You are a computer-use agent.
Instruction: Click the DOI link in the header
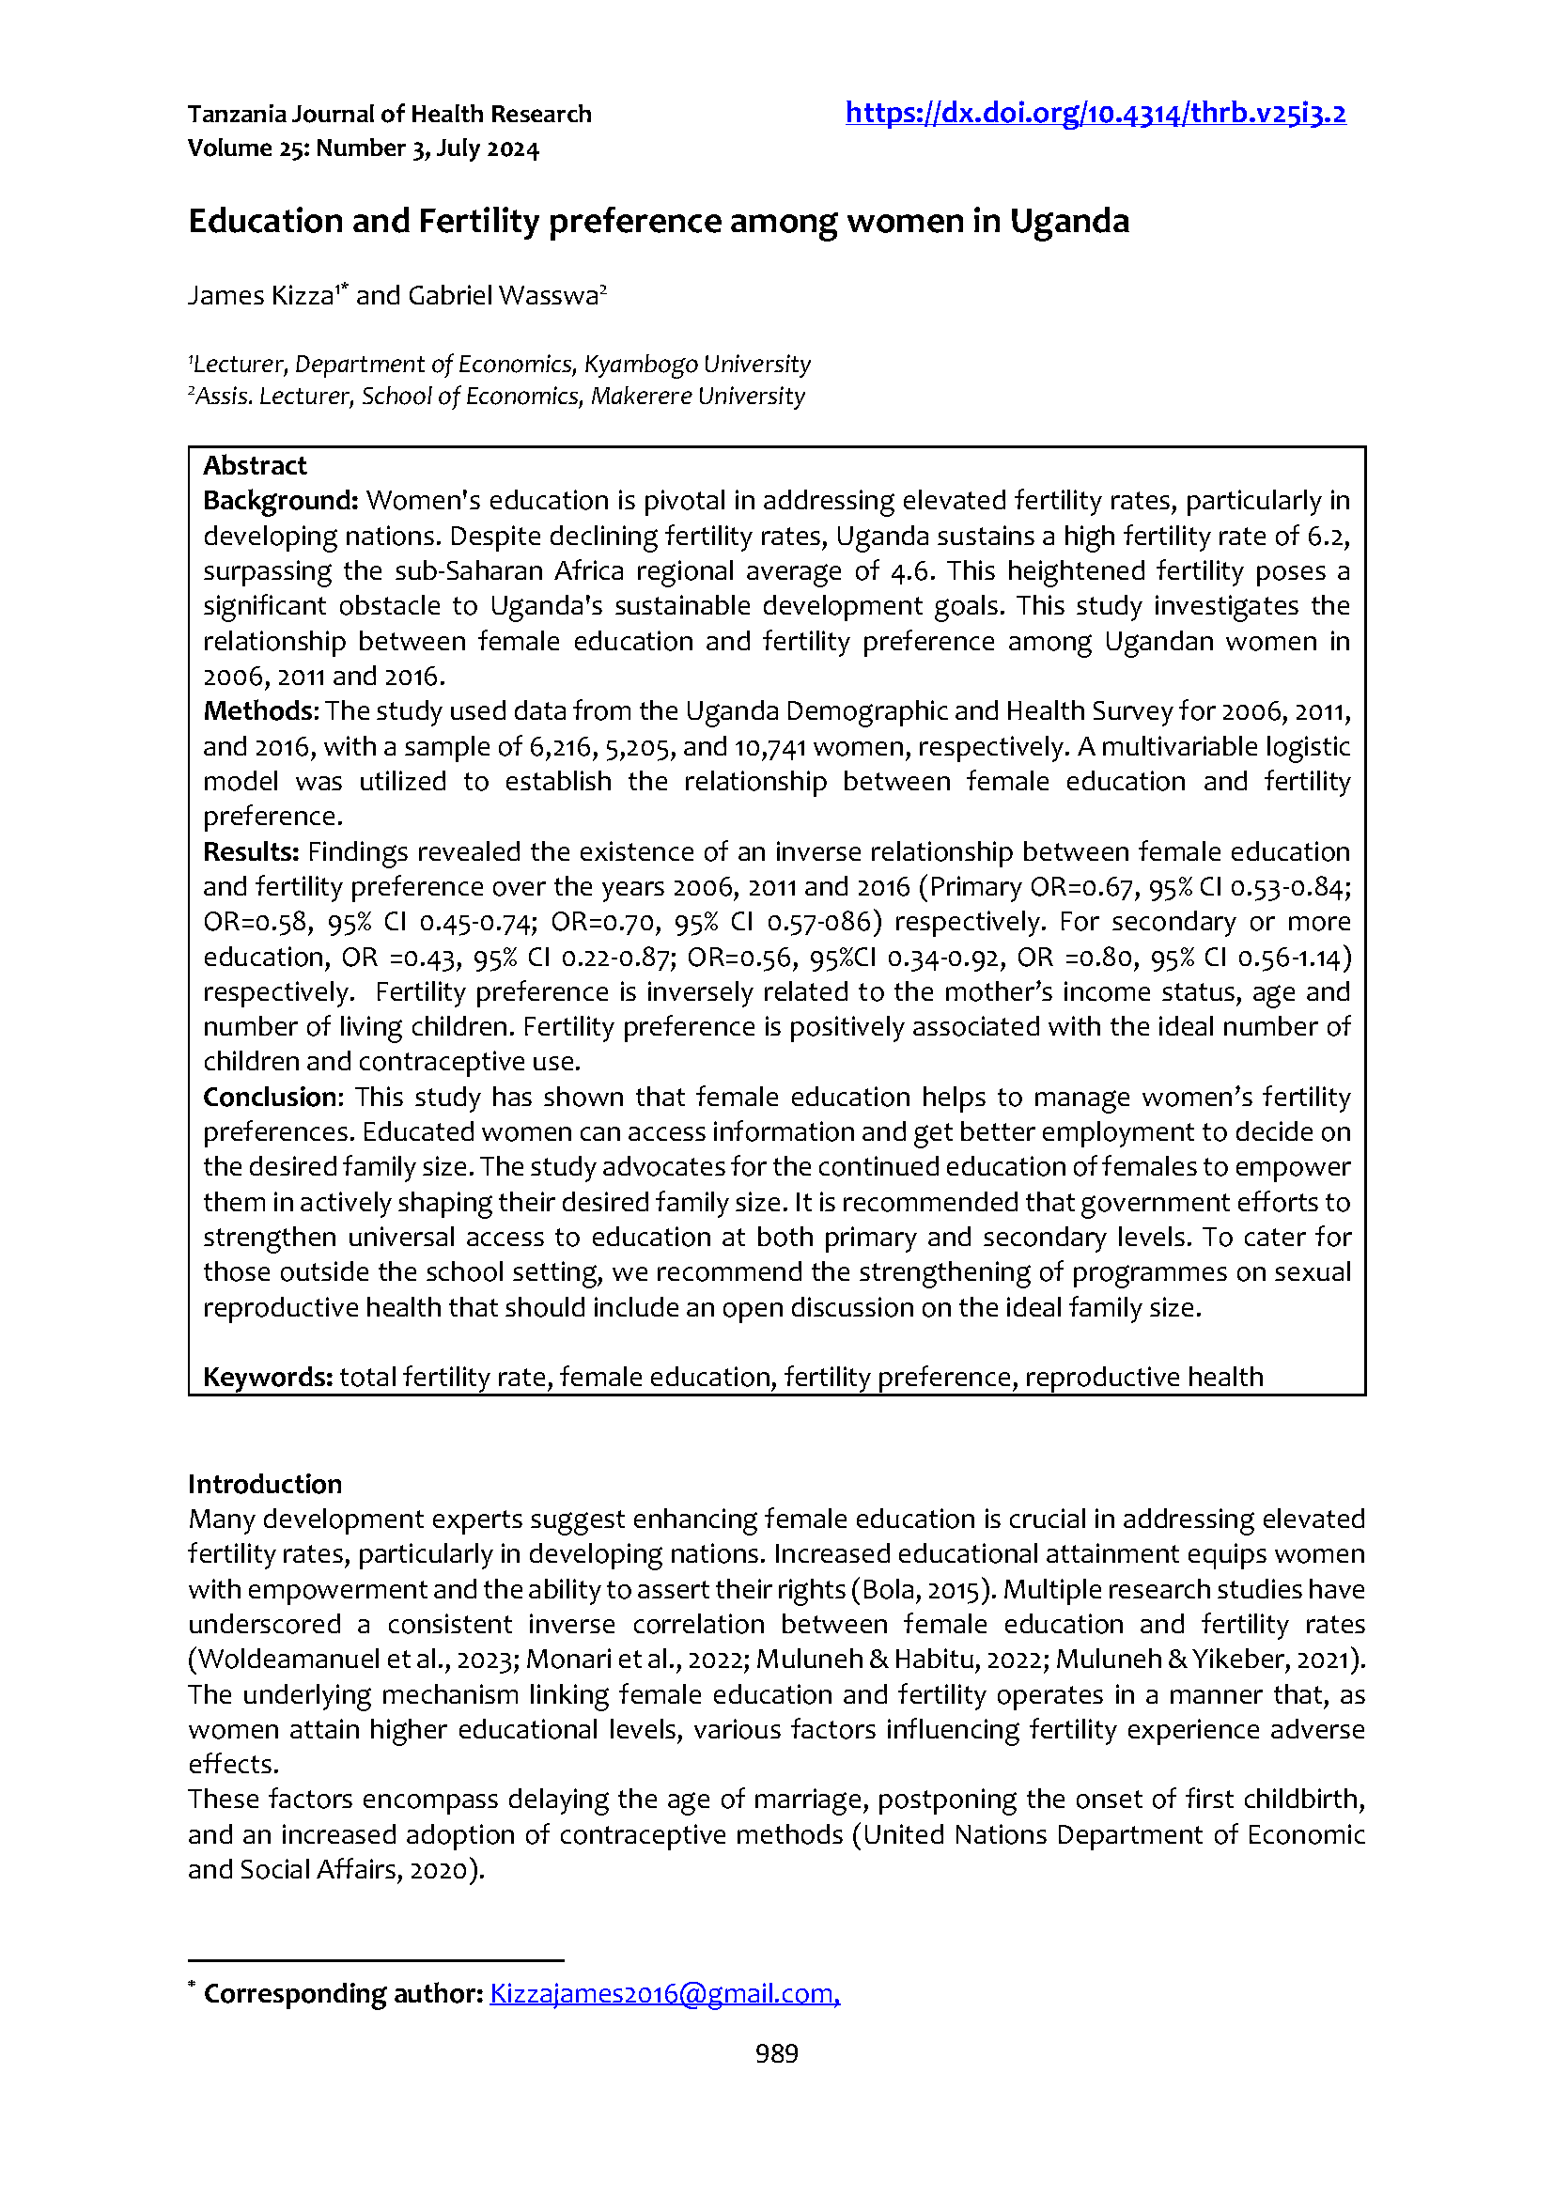pyautogui.click(x=1095, y=114)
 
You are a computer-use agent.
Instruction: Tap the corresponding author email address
pyautogui.click(x=664, y=1993)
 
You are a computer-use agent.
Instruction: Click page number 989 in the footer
pyautogui.click(x=776, y=2053)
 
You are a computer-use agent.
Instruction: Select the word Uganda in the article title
pyautogui.click(x=1069, y=221)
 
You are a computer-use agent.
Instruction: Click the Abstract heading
pyautogui.click(x=255, y=465)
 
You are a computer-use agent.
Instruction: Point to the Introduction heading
pyautogui.click(x=264, y=1484)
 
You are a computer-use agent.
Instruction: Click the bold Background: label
pyautogui.click(x=280, y=501)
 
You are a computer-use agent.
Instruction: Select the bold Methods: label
pyautogui.click(x=260, y=711)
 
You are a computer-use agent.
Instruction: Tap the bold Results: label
pyautogui.click(x=252, y=852)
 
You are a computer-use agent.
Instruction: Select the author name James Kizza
pyautogui.click(x=259, y=295)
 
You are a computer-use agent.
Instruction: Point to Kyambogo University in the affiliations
pyautogui.click(x=696, y=365)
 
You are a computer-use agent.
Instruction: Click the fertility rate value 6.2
pyautogui.click(x=1329, y=536)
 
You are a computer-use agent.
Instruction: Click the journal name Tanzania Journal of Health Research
pyautogui.click(x=390, y=115)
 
